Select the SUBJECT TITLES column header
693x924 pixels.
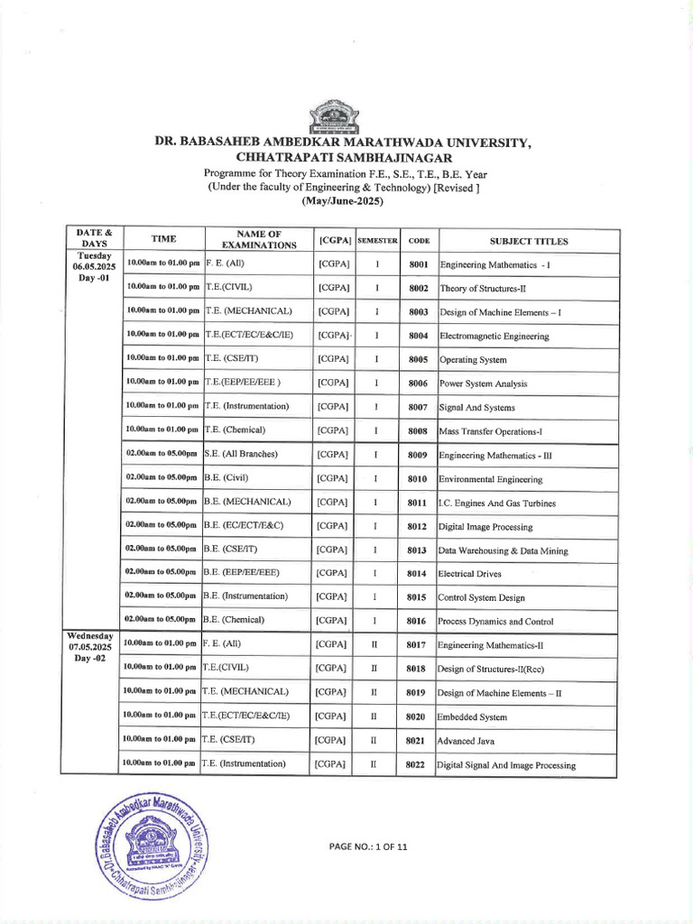pos(529,241)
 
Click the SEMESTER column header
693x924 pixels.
pos(377,241)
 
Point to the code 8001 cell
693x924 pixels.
pos(418,265)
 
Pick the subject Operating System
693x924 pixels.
pos(473,359)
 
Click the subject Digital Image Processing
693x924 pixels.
pos(485,526)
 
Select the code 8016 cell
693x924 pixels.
pos(417,621)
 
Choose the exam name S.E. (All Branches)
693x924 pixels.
pos(240,454)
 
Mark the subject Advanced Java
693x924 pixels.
pos(470,741)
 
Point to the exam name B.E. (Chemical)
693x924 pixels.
pos(234,620)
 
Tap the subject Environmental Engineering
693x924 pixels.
pos(490,479)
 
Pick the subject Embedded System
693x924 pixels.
pos(473,716)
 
